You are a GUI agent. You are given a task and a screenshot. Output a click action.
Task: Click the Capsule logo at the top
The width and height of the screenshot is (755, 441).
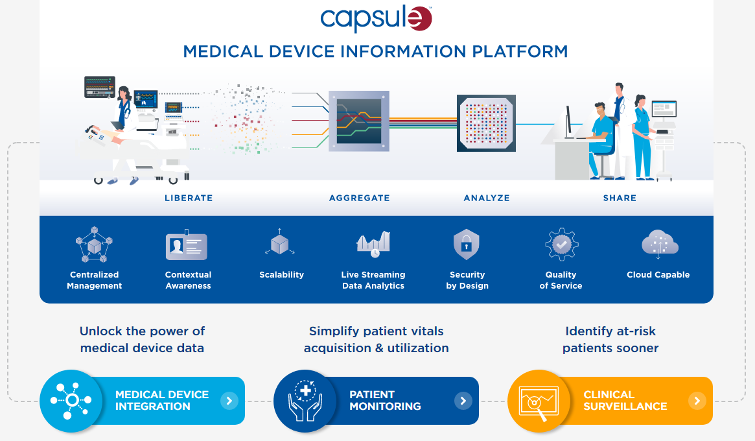tap(376, 19)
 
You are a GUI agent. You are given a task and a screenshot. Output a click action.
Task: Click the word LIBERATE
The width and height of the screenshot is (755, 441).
tap(189, 198)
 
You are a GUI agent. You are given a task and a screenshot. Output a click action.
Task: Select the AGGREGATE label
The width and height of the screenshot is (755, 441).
tap(359, 198)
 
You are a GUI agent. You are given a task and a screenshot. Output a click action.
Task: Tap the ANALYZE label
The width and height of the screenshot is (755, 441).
tap(487, 198)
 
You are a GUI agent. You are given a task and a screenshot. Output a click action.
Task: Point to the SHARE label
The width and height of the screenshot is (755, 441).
tap(620, 198)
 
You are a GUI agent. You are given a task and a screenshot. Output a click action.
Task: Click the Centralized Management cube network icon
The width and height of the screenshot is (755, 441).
tap(95, 245)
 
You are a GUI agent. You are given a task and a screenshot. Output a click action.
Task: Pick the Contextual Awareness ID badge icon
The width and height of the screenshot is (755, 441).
tap(187, 246)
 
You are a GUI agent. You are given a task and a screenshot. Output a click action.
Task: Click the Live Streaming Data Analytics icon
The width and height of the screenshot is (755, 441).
tap(373, 244)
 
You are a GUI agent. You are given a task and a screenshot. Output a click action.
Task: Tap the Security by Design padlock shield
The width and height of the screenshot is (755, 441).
tap(467, 244)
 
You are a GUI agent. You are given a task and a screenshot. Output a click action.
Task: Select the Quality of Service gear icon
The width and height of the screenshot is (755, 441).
tap(561, 244)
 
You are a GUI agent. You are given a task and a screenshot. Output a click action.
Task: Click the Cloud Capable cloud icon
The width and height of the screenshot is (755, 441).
tap(659, 244)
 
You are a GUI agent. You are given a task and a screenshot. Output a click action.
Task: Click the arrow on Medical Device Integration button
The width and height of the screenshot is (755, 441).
tap(229, 401)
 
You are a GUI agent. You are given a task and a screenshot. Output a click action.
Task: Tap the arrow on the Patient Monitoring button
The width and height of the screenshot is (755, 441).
tap(463, 401)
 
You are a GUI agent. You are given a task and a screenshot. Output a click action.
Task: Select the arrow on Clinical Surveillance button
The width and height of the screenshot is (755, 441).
tap(697, 401)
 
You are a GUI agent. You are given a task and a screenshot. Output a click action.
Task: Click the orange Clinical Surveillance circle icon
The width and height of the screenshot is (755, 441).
tap(536, 401)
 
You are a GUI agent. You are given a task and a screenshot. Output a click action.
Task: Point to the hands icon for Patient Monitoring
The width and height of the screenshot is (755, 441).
tap(303, 401)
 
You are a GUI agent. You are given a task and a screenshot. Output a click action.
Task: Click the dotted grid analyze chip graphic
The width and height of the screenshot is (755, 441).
tap(486, 123)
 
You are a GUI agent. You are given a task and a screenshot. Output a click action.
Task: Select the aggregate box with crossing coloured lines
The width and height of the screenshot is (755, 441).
tap(359, 121)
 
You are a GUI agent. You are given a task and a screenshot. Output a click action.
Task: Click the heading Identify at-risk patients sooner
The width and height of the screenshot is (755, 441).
tap(610, 339)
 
